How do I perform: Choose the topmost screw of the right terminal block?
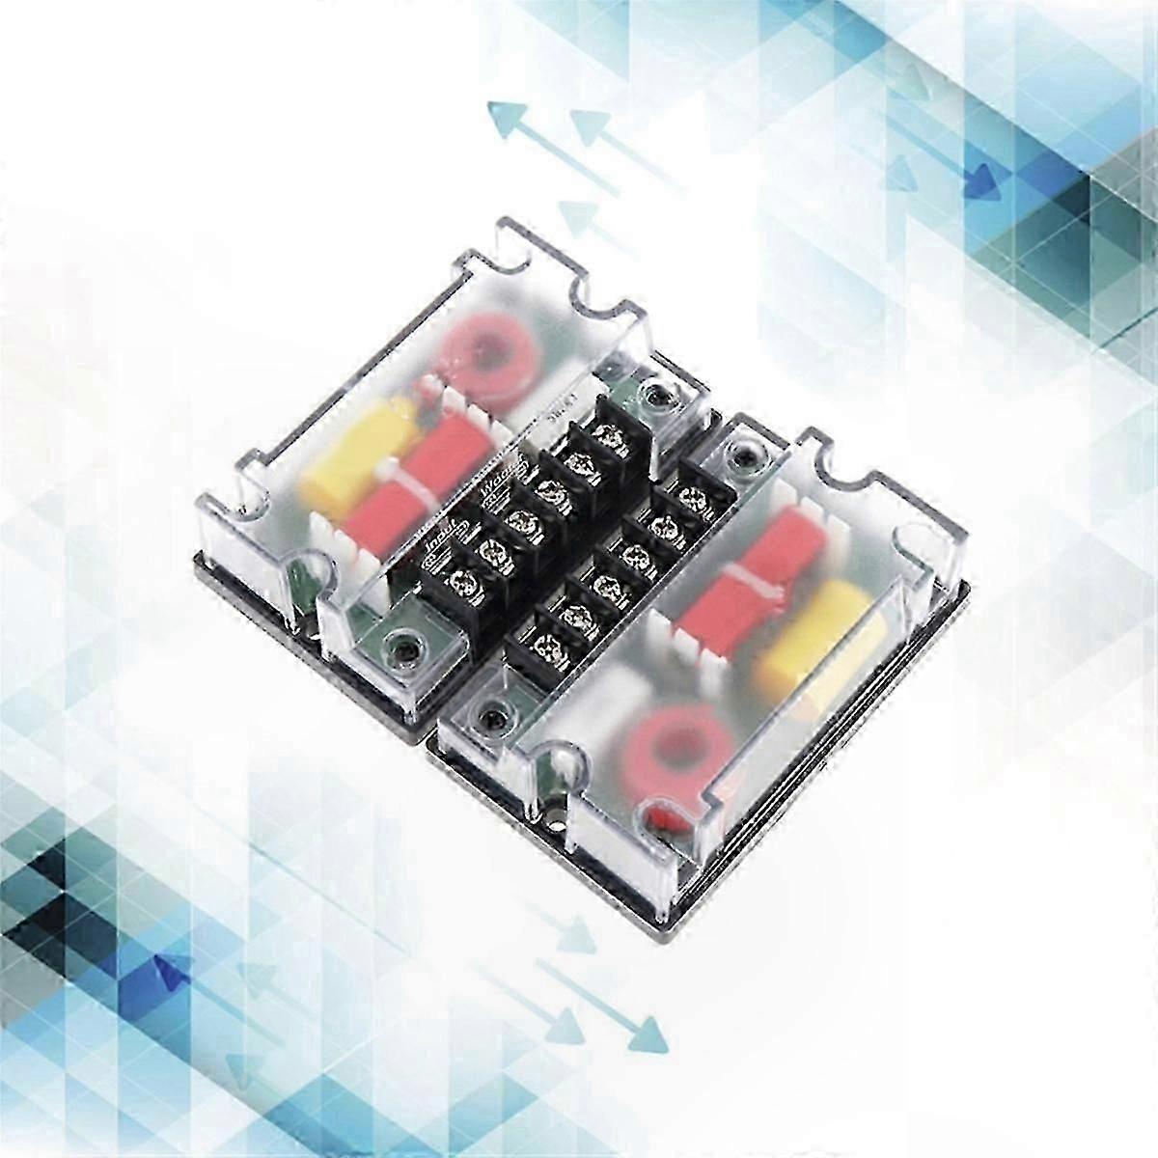click(x=691, y=495)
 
